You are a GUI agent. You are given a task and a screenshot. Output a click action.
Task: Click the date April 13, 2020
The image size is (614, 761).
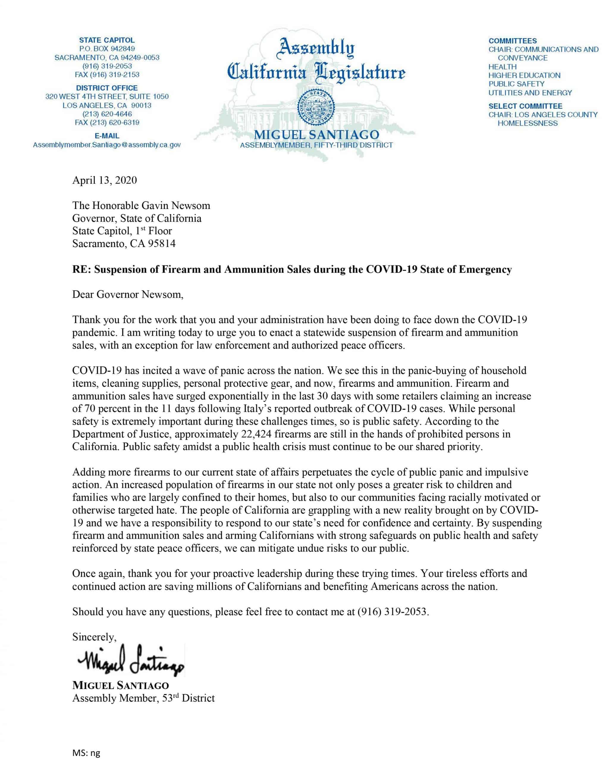point(104,180)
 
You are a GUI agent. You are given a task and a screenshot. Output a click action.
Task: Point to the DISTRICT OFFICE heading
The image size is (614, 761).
point(107,88)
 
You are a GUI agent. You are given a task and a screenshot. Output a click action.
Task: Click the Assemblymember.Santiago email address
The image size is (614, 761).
point(107,145)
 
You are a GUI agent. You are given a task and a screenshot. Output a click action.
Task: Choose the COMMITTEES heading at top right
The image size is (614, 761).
point(513,41)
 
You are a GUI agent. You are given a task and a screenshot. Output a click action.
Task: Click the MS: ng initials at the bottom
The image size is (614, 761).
point(86,753)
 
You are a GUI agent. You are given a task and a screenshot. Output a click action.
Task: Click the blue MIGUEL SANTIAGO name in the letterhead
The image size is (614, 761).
point(316,135)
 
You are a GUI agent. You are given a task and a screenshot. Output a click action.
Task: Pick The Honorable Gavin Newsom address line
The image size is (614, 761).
point(141,205)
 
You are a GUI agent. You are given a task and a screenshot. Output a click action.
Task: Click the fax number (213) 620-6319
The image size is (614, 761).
point(107,123)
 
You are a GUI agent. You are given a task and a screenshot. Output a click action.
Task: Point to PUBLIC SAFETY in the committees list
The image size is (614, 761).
point(516,84)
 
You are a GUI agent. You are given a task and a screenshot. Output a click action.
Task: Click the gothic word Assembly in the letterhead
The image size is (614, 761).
point(316,49)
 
